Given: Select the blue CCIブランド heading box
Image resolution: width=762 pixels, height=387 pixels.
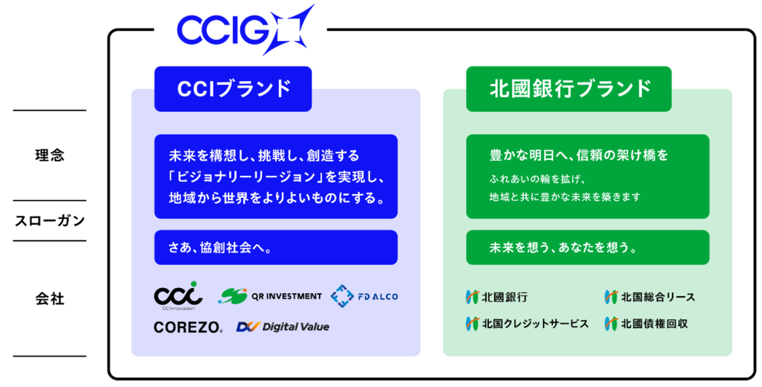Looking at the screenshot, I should [x=233, y=89].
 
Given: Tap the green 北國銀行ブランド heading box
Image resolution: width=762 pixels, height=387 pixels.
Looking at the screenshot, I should [x=568, y=89].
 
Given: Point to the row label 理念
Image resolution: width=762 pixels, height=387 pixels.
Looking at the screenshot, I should [x=50, y=155].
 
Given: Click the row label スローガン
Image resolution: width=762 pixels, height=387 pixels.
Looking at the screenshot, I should [x=50, y=221].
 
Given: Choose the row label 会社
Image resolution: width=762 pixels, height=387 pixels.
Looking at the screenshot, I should [x=50, y=298].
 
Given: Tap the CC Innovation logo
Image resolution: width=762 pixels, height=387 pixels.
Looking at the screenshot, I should [x=178, y=296].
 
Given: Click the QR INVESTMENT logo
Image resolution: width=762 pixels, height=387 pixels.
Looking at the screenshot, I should [x=270, y=296].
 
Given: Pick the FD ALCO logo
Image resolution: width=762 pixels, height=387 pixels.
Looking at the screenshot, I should [x=364, y=296].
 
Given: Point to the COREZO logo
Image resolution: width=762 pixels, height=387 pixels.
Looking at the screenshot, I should [x=188, y=327].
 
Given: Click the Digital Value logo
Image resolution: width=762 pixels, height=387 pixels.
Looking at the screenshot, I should [x=283, y=327].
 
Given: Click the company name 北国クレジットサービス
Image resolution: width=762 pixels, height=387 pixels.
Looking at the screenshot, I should [x=527, y=324].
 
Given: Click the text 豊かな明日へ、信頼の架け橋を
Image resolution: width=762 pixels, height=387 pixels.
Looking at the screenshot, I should [x=578, y=155].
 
